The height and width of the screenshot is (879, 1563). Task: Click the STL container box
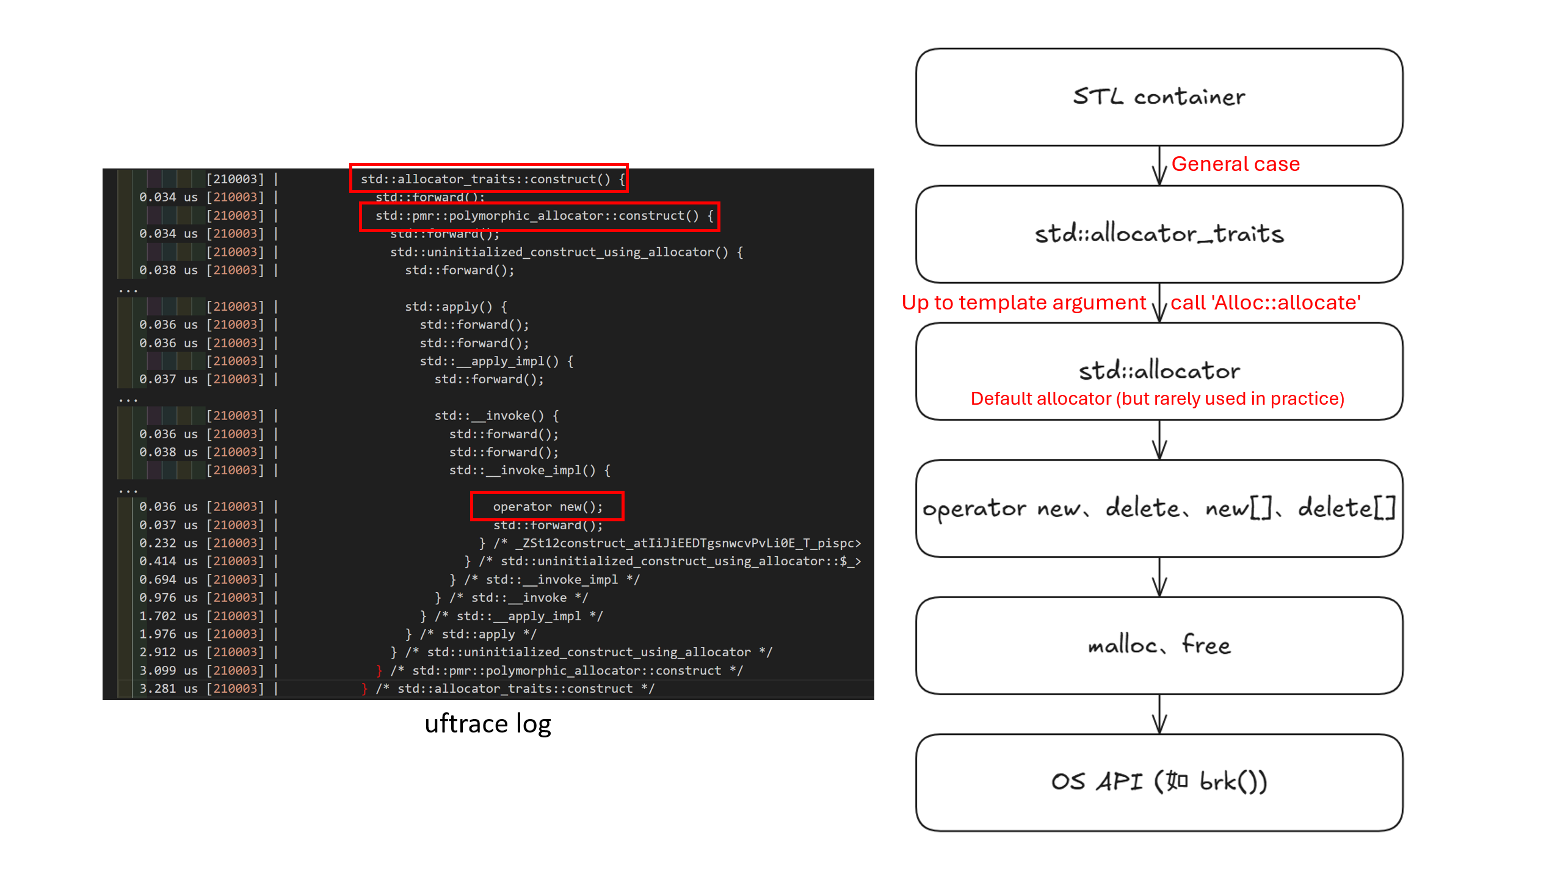(x=1159, y=97)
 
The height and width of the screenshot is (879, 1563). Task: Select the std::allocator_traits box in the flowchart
(x=1159, y=234)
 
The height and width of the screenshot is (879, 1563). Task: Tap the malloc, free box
(x=1159, y=645)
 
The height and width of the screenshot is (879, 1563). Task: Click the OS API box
(x=1159, y=782)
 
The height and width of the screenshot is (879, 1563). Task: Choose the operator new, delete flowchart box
(x=1159, y=508)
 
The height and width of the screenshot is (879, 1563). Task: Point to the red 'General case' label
(x=1235, y=164)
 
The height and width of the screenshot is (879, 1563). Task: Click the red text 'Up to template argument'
(x=1024, y=303)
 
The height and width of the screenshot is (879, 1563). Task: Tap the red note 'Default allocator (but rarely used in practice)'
(x=1157, y=399)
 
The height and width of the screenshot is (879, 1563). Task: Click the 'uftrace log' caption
(x=488, y=724)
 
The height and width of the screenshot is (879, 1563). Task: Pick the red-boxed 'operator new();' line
(x=547, y=507)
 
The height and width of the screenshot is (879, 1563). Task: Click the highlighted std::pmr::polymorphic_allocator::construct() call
(x=540, y=216)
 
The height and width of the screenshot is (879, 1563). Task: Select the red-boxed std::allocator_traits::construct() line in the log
(x=489, y=179)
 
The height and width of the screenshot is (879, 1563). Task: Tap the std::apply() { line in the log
(x=455, y=306)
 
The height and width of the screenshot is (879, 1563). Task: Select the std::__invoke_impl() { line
(x=529, y=470)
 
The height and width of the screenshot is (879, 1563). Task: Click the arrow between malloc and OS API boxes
(x=1159, y=714)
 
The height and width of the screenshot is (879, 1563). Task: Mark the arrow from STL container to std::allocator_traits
(x=1159, y=165)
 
